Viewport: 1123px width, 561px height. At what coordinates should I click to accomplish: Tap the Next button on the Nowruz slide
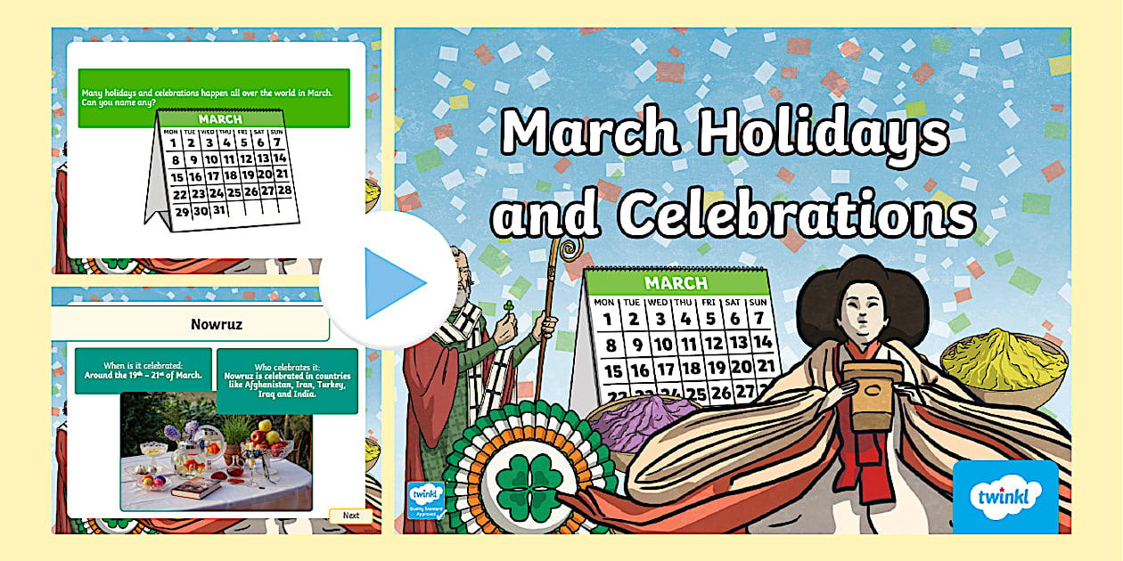[x=350, y=516]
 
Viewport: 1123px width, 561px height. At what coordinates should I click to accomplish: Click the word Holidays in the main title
[x=823, y=134]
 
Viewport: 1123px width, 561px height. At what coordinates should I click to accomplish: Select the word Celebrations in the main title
[x=798, y=211]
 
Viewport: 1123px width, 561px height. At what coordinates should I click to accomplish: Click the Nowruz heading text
[x=217, y=324]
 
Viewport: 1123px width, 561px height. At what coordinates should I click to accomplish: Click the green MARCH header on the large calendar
[x=676, y=284]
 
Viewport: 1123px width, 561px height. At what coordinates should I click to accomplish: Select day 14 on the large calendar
[x=760, y=342]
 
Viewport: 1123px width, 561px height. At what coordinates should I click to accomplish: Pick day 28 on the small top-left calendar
[x=284, y=189]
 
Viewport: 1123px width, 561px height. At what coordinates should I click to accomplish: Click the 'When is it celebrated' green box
[x=143, y=370]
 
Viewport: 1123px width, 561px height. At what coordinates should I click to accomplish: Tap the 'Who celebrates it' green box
[x=287, y=380]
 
